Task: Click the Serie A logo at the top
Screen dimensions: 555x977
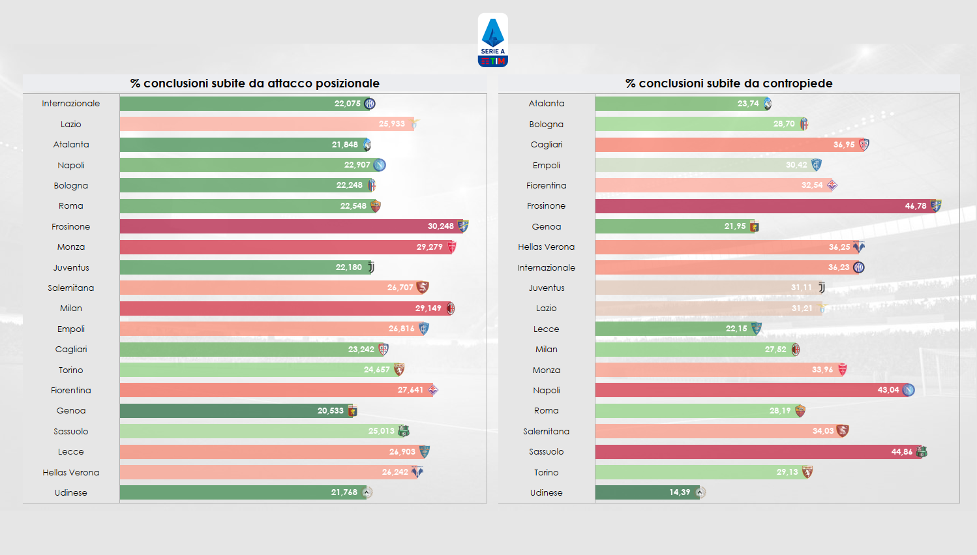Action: [492, 40]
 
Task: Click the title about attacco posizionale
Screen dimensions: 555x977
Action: [254, 83]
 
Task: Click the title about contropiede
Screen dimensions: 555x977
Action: [729, 83]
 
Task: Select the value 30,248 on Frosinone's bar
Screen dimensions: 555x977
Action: [440, 226]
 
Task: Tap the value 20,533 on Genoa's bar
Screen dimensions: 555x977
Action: [330, 411]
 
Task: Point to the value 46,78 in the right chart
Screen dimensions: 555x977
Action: [915, 206]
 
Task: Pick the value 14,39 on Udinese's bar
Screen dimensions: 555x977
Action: [679, 492]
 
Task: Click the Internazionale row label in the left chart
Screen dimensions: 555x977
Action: [71, 104]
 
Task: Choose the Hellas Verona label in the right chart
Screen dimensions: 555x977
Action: [546, 247]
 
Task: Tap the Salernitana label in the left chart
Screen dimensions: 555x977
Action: [71, 288]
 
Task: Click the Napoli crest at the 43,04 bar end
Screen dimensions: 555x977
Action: [908, 390]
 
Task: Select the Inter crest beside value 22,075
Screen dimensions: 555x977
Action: [370, 104]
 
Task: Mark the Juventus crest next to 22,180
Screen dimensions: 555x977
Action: [371, 267]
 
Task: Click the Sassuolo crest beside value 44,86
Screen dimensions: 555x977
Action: [922, 452]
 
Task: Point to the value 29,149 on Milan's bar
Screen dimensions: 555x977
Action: [428, 308]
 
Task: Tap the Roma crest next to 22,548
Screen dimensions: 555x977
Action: [375, 206]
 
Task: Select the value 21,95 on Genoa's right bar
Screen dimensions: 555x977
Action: [734, 226]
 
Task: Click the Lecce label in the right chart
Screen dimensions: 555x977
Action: [546, 329]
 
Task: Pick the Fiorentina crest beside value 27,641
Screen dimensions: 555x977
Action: [433, 390]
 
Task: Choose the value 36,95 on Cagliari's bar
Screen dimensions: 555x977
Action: [843, 145]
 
